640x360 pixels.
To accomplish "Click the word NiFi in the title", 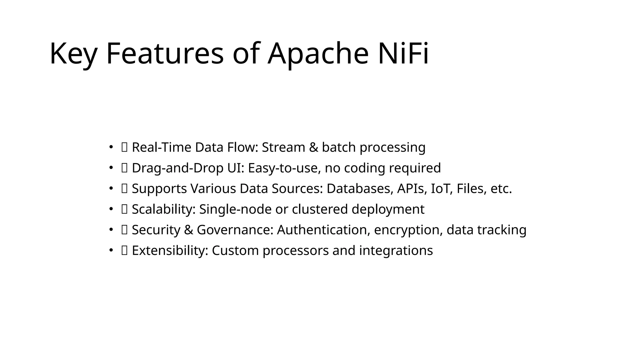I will (403, 53).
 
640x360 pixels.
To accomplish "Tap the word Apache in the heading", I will (318, 53).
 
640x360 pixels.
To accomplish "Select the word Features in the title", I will (165, 53).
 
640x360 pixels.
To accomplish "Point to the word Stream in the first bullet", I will (283, 147).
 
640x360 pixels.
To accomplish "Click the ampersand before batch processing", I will (313, 147).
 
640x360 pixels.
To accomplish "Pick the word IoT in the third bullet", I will (441, 188).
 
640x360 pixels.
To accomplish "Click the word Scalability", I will (163, 209).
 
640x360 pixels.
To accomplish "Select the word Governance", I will (235, 230).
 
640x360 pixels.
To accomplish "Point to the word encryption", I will (408, 230).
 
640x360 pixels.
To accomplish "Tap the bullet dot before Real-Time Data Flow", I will (111, 147).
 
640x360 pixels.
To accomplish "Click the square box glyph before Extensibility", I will (124, 250).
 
